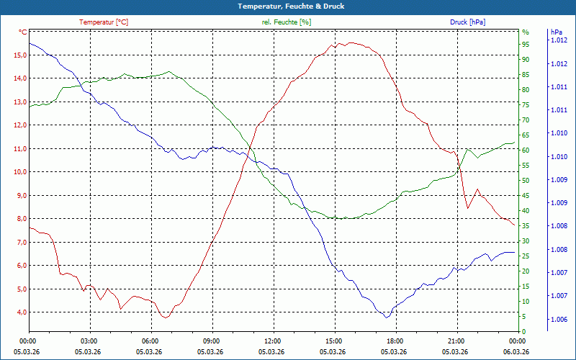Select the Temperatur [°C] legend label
[x=104, y=22]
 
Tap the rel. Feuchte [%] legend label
[x=287, y=22]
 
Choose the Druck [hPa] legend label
[x=467, y=22]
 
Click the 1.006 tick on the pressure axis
[x=559, y=319]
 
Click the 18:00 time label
[x=395, y=341]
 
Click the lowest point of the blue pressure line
[x=387, y=318]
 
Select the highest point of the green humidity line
[x=168, y=71]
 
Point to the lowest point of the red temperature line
[x=166, y=318]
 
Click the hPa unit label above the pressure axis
[x=556, y=32]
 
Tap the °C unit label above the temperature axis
[x=23, y=32]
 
